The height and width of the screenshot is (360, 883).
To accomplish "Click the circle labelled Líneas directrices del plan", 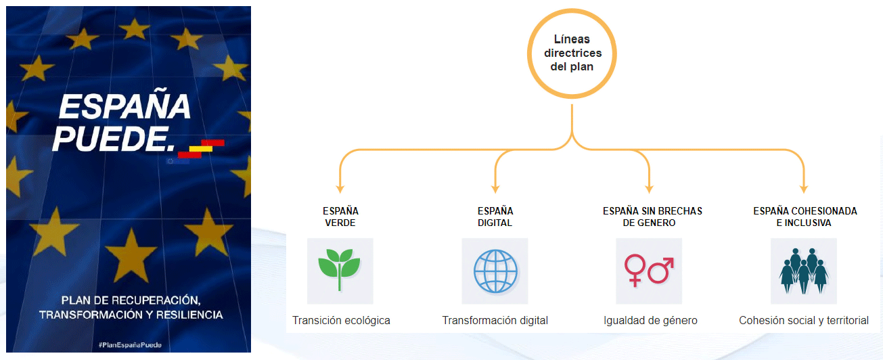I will pos(572,53).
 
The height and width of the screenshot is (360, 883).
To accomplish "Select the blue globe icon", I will pos(495,271).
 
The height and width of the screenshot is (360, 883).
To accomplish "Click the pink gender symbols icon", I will pos(649,271).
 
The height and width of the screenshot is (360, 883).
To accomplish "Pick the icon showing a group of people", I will pos(804,271).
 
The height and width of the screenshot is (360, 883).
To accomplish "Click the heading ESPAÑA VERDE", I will pos(340,217).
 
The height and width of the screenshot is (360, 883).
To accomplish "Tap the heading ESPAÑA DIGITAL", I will pos(495,217).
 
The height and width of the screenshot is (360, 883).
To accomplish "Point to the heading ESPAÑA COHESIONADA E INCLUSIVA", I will pos(805,217).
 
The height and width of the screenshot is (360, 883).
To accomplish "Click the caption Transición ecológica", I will pos(341,320).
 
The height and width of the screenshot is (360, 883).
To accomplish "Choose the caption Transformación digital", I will pos(495,320).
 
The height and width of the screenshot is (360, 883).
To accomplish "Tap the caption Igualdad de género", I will pos(650,320).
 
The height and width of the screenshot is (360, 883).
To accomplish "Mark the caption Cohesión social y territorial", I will pos(804,320).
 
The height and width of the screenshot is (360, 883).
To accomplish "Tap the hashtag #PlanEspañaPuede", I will pos(129,345).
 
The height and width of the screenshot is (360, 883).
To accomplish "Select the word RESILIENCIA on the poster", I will pos(187,315).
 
